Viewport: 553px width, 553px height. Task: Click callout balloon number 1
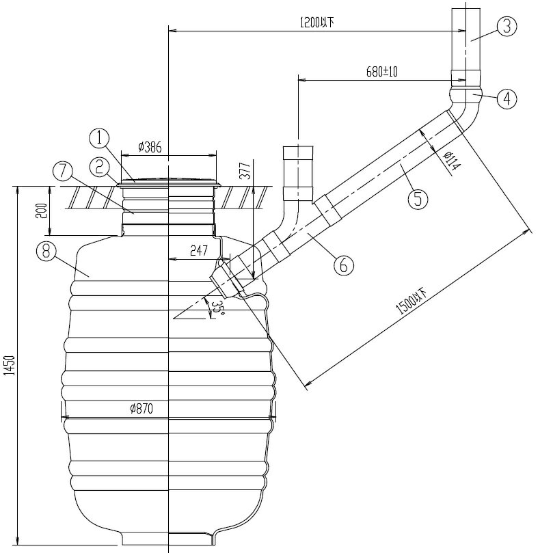(x=99, y=139)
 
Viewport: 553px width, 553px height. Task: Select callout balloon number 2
(x=99, y=166)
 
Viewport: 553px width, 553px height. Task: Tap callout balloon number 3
(x=506, y=27)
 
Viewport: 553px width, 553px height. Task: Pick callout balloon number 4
(x=506, y=99)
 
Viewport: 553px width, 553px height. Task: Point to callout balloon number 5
(x=418, y=198)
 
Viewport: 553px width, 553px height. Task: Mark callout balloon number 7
(x=62, y=168)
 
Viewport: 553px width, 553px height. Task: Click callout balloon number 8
(x=46, y=252)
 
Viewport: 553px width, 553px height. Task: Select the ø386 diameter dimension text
(x=150, y=147)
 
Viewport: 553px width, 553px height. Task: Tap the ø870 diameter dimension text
(x=141, y=409)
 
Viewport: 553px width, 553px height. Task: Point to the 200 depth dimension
(x=42, y=211)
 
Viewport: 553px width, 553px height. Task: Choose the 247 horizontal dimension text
(x=199, y=252)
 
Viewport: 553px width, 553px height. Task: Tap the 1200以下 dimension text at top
(x=316, y=22)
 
